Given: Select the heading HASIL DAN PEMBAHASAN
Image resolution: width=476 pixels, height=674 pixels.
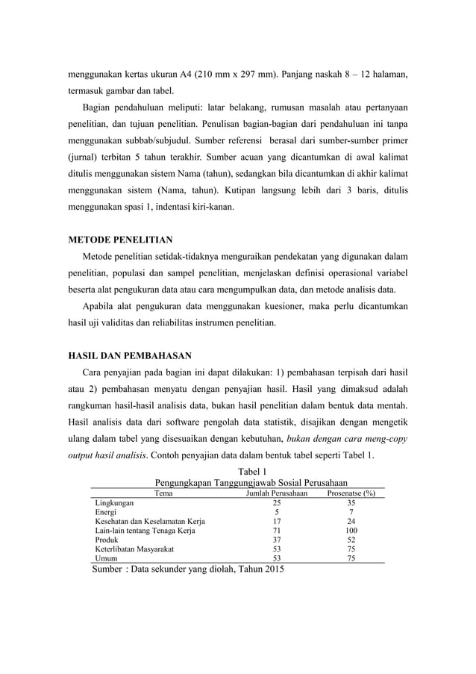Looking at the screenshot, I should click(x=130, y=355).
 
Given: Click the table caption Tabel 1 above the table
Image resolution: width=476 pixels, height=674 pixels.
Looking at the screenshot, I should click(x=251, y=470).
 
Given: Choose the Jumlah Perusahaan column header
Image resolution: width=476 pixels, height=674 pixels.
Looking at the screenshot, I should click(x=277, y=493).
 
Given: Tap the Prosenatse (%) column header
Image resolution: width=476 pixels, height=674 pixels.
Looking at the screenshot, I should click(x=351, y=493).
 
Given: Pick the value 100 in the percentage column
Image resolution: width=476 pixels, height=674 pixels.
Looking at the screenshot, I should click(x=351, y=530).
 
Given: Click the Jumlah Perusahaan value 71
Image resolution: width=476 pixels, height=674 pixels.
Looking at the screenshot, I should click(x=277, y=530).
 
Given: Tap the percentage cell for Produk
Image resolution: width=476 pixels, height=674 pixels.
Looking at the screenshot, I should click(x=351, y=539).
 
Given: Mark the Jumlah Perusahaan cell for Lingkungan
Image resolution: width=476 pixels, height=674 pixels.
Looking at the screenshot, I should click(x=277, y=503).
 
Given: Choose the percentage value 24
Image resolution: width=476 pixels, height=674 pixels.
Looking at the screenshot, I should click(x=351, y=521).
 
